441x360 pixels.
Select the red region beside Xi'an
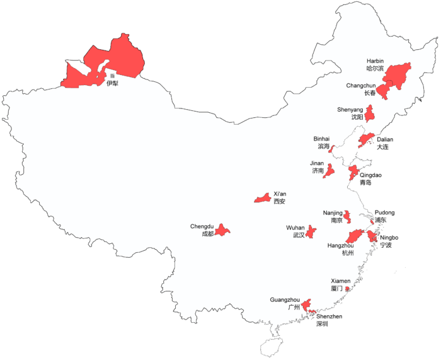pos(263,198)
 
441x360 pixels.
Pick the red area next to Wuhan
pos(311,231)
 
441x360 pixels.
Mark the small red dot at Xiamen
pos(348,289)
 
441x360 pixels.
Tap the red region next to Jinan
pos(329,171)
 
